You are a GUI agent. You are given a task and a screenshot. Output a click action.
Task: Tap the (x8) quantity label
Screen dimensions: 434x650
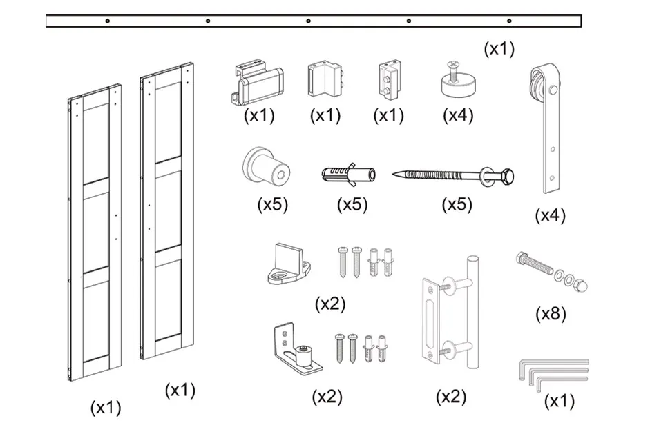(x=551, y=314)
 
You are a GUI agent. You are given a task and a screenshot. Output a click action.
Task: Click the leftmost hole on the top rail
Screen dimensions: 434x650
(x=107, y=21)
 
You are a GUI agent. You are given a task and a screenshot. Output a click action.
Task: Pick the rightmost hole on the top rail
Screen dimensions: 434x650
(x=509, y=21)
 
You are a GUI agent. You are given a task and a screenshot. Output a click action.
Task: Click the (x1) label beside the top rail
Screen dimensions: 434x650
(x=499, y=48)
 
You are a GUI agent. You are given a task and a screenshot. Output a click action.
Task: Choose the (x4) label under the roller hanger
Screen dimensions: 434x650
(x=550, y=215)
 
